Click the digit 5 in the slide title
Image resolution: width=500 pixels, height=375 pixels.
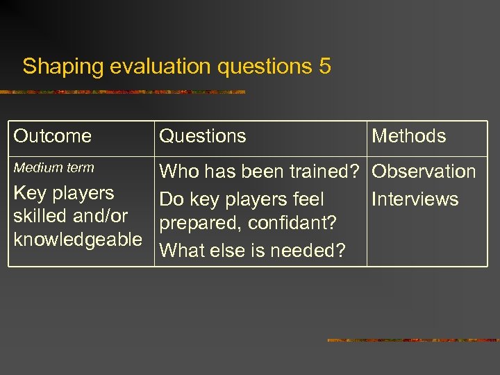click(324, 67)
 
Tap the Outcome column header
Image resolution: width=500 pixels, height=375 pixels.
click(53, 136)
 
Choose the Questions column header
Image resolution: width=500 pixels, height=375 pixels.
click(203, 136)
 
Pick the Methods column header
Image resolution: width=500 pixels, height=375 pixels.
click(409, 136)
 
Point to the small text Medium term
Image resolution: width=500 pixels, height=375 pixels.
click(54, 167)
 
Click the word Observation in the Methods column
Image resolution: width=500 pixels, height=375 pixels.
click(424, 172)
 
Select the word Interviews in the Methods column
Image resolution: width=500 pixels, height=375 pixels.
click(415, 199)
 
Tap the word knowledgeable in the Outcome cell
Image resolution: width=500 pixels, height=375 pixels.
click(78, 240)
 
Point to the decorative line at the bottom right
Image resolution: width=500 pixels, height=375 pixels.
click(412, 340)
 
